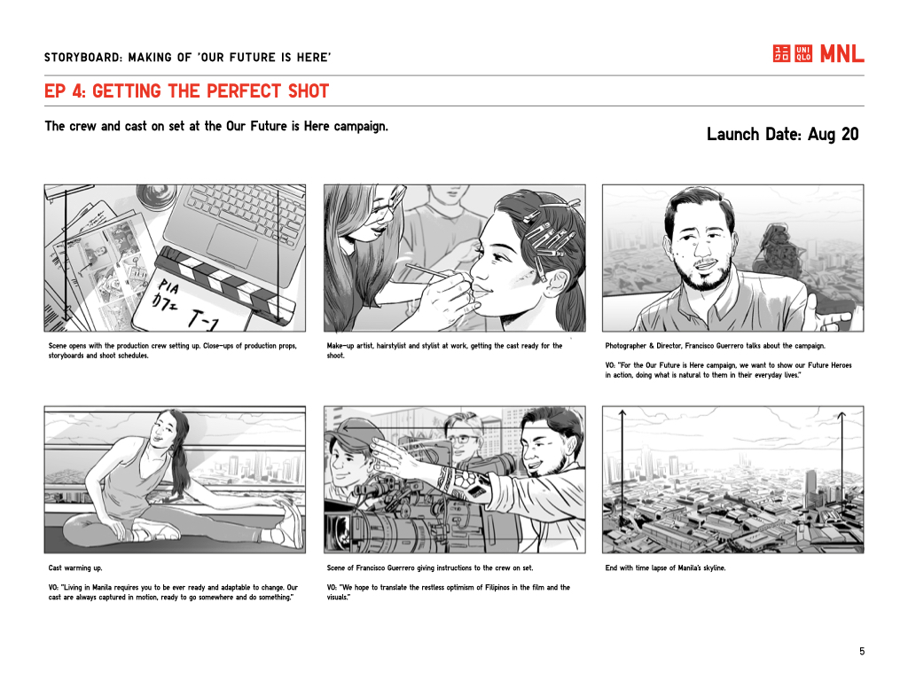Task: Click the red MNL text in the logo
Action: point(842,54)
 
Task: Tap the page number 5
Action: point(862,652)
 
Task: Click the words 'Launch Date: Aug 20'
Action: point(782,135)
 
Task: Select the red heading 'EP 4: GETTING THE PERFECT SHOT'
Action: point(186,91)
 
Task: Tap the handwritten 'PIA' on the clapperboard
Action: point(168,286)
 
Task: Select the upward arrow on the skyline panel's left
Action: point(622,466)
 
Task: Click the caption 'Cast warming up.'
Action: point(75,568)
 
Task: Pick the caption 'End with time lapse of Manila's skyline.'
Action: point(665,568)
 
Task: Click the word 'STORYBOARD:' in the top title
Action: point(83,58)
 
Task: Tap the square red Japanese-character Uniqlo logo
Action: point(781,53)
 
